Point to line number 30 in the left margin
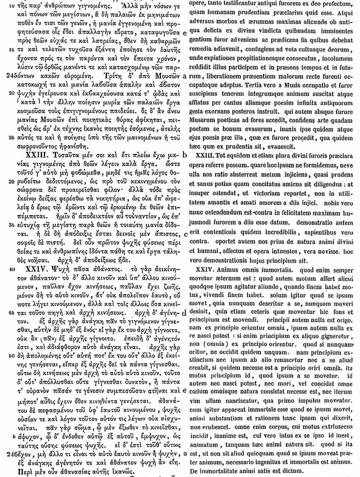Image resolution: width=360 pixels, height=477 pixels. tap(10, 182)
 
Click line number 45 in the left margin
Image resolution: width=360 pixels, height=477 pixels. tap(10, 312)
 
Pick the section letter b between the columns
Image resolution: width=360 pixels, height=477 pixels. tap(184, 155)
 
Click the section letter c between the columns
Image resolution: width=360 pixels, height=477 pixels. tap(184, 234)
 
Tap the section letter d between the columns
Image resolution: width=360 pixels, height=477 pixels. tap(184, 312)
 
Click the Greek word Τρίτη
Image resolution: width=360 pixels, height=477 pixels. tap(114, 76)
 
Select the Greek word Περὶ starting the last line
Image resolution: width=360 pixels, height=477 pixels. tap(26, 472)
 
